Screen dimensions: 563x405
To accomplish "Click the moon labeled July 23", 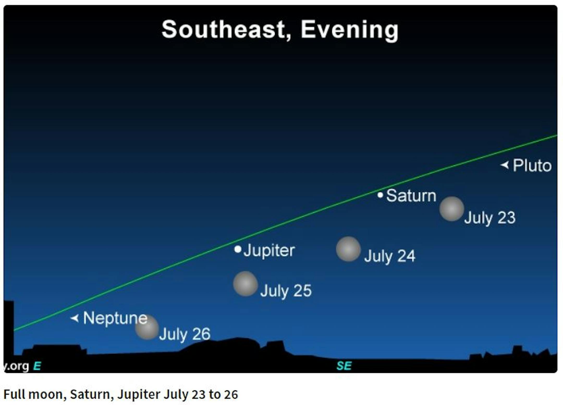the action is tap(452, 209).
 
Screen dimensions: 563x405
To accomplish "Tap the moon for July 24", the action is tap(348, 249).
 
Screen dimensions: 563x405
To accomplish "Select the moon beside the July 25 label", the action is tap(245, 284).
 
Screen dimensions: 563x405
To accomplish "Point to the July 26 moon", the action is tap(147, 328).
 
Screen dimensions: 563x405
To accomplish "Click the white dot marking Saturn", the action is tap(380, 195).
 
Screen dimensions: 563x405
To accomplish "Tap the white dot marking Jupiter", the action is tap(238, 249).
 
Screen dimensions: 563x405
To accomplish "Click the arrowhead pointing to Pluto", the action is tap(505, 165).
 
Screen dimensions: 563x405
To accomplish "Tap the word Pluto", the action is tap(532, 165).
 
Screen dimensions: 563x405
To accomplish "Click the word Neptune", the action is tap(115, 318).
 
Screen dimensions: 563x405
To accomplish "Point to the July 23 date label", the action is tap(490, 218).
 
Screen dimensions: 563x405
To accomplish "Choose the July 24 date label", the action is tap(390, 256).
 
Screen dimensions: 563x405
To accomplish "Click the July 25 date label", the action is tap(286, 291).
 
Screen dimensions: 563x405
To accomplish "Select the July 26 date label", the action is tap(185, 334).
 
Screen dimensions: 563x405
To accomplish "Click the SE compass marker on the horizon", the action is tap(344, 366).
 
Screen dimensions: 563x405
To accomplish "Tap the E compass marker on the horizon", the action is tap(37, 366).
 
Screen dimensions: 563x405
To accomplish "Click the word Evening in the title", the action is tap(350, 30).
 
